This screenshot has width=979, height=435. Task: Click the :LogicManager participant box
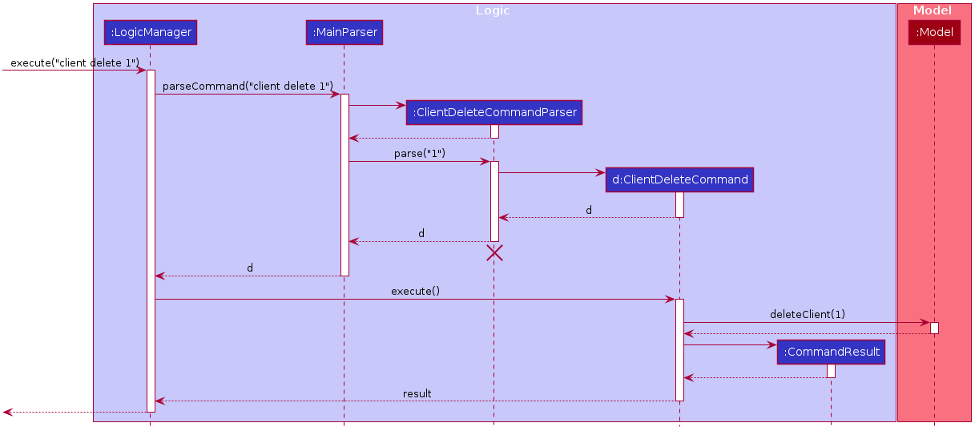[x=150, y=32]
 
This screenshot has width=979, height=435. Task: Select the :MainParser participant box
[x=344, y=32]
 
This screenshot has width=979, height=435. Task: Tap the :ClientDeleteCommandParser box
[x=494, y=112]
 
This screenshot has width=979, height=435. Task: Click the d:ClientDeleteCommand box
[x=679, y=179]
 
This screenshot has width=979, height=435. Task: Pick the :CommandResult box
[x=831, y=352]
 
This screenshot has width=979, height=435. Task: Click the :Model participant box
[x=934, y=32]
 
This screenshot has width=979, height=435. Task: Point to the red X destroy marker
[x=494, y=253]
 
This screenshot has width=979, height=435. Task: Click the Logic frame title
[x=493, y=10]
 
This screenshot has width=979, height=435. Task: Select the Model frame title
[x=933, y=10]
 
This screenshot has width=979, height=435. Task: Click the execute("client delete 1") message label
[x=75, y=62]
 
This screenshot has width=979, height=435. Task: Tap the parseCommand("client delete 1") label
[x=248, y=86]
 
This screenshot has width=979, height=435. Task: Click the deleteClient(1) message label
[x=807, y=314]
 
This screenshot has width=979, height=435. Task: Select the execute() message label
[x=415, y=291]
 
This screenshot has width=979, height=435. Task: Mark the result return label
[x=417, y=393]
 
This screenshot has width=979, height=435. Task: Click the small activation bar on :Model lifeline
[x=934, y=328]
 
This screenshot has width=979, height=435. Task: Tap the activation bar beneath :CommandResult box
[x=831, y=371]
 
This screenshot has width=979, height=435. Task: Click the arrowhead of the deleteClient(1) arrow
[x=925, y=323]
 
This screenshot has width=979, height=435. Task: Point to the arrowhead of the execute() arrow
[x=671, y=300]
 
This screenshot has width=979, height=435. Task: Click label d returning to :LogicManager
[x=250, y=268]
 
